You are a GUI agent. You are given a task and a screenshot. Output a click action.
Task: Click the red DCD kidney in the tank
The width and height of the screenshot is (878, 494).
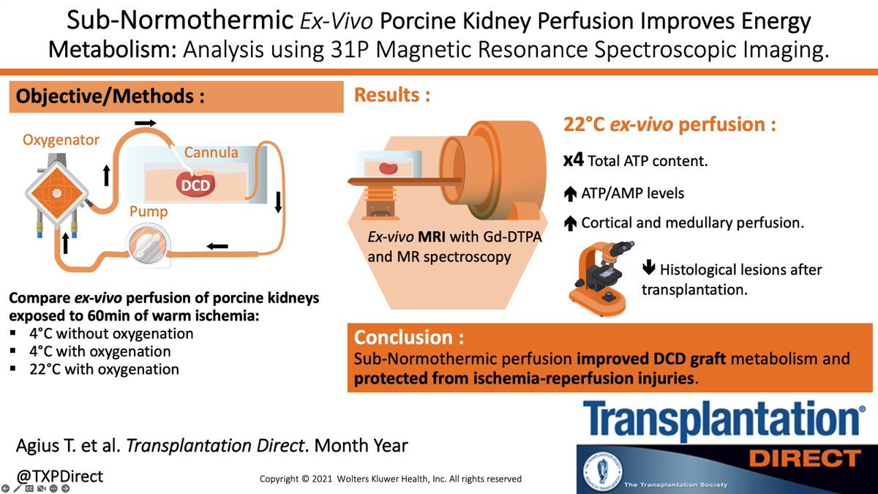pos(195,184)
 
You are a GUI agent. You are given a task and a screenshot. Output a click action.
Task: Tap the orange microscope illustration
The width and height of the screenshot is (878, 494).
pos(596,274)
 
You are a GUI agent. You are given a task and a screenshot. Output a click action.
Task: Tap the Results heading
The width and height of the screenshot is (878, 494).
pos(391,95)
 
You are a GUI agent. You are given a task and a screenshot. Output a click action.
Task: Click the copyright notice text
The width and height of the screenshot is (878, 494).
pos(391,479)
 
